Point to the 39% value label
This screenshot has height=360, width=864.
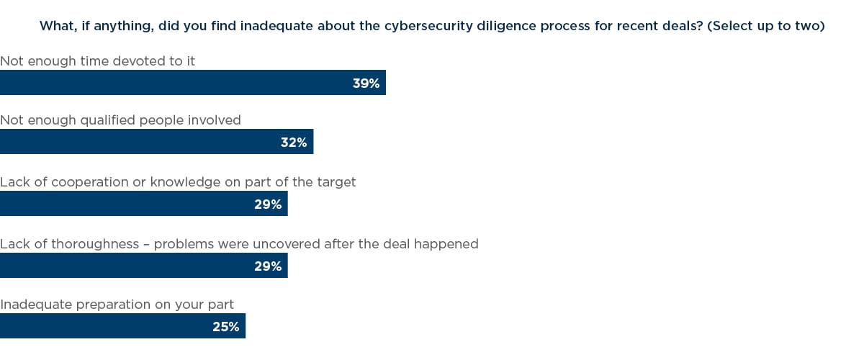366,84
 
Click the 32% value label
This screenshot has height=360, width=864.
294,143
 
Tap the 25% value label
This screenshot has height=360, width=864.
225,327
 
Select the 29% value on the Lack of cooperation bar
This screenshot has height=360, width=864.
268,204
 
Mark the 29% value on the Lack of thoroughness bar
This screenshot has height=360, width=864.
268,266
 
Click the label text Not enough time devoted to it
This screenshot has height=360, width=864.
98,61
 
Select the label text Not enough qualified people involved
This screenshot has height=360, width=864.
120,120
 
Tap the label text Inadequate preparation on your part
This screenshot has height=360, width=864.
117,305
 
